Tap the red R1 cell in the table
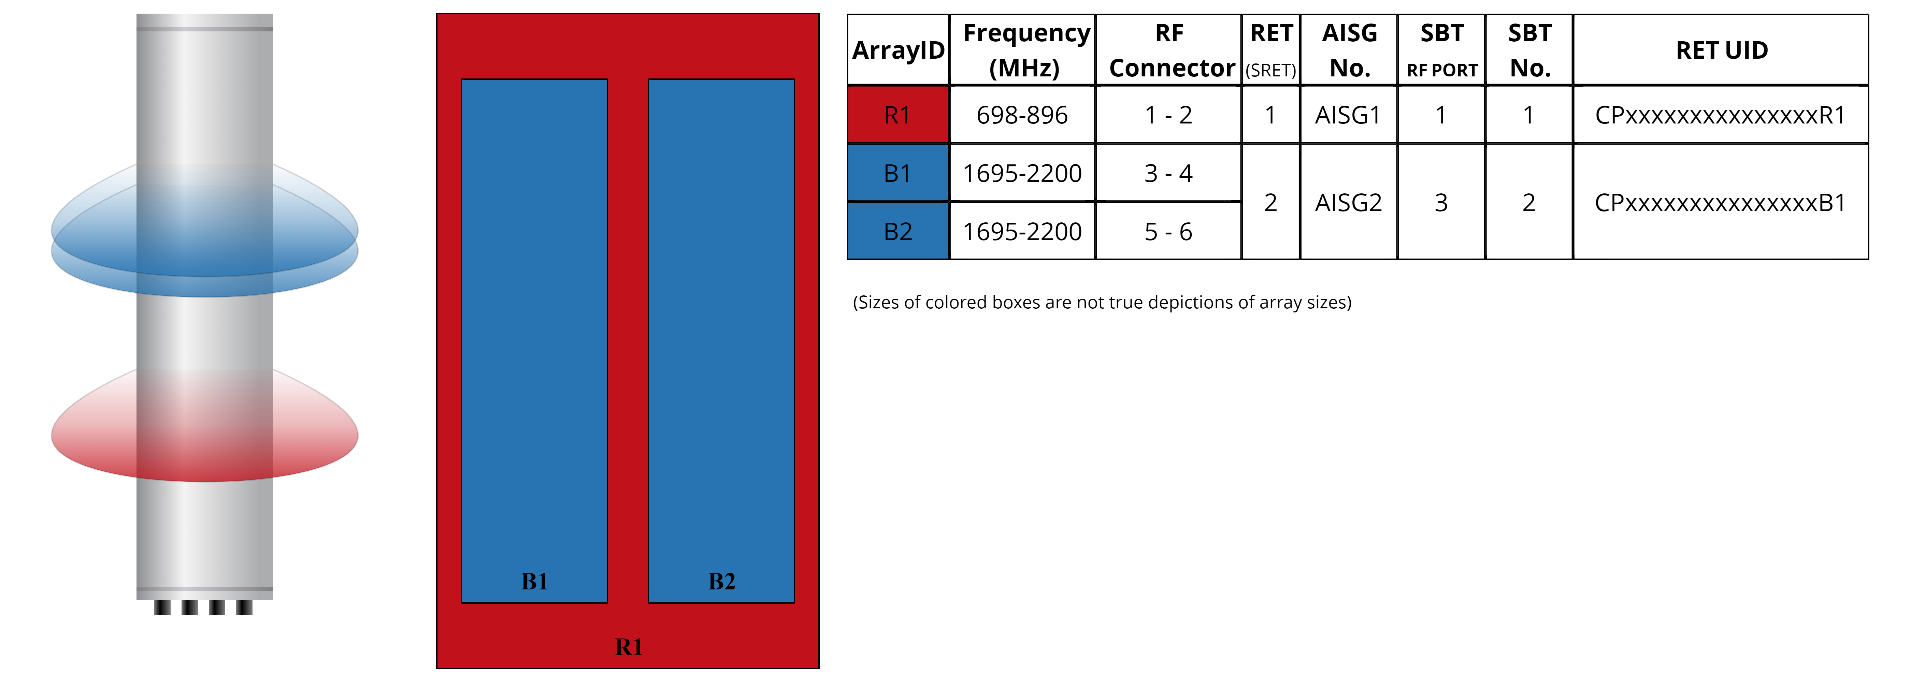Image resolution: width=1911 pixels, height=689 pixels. (x=897, y=115)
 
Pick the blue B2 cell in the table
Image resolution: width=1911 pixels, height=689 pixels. (x=897, y=231)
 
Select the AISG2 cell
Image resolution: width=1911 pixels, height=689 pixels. (x=1348, y=203)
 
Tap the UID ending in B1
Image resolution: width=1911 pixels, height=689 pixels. (x=1720, y=203)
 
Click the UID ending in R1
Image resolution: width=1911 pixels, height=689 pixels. (x=1720, y=115)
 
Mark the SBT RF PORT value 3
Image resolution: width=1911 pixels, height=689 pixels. (x=1441, y=203)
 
